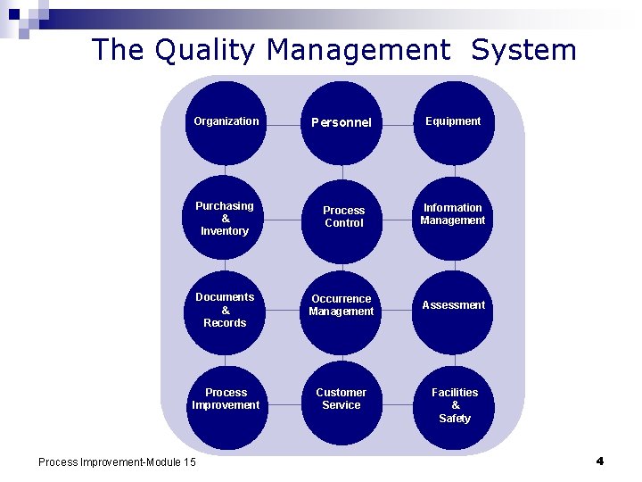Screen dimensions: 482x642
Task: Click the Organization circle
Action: point(226,121)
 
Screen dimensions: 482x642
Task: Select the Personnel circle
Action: point(341,122)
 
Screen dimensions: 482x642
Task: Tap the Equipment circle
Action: point(453,121)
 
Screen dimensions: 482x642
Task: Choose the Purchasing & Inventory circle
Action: point(226,219)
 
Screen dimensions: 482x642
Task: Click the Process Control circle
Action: point(343,217)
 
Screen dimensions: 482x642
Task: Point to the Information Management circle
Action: point(453,215)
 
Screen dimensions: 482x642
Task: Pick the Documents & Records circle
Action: point(226,310)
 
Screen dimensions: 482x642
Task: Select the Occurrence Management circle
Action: point(341,306)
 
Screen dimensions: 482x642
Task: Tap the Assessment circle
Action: point(453,306)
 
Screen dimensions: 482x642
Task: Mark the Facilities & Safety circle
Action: point(454,405)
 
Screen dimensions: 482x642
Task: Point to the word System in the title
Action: point(523,50)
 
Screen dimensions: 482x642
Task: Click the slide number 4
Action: point(599,461)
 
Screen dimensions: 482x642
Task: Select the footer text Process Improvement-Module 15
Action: point(118,461)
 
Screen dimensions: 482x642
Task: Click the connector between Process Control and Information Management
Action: point(398,216)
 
